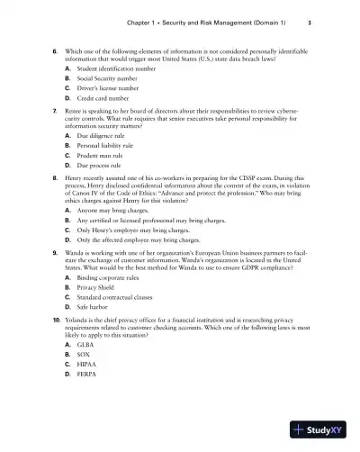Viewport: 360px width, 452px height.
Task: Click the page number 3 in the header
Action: point(309,21)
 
